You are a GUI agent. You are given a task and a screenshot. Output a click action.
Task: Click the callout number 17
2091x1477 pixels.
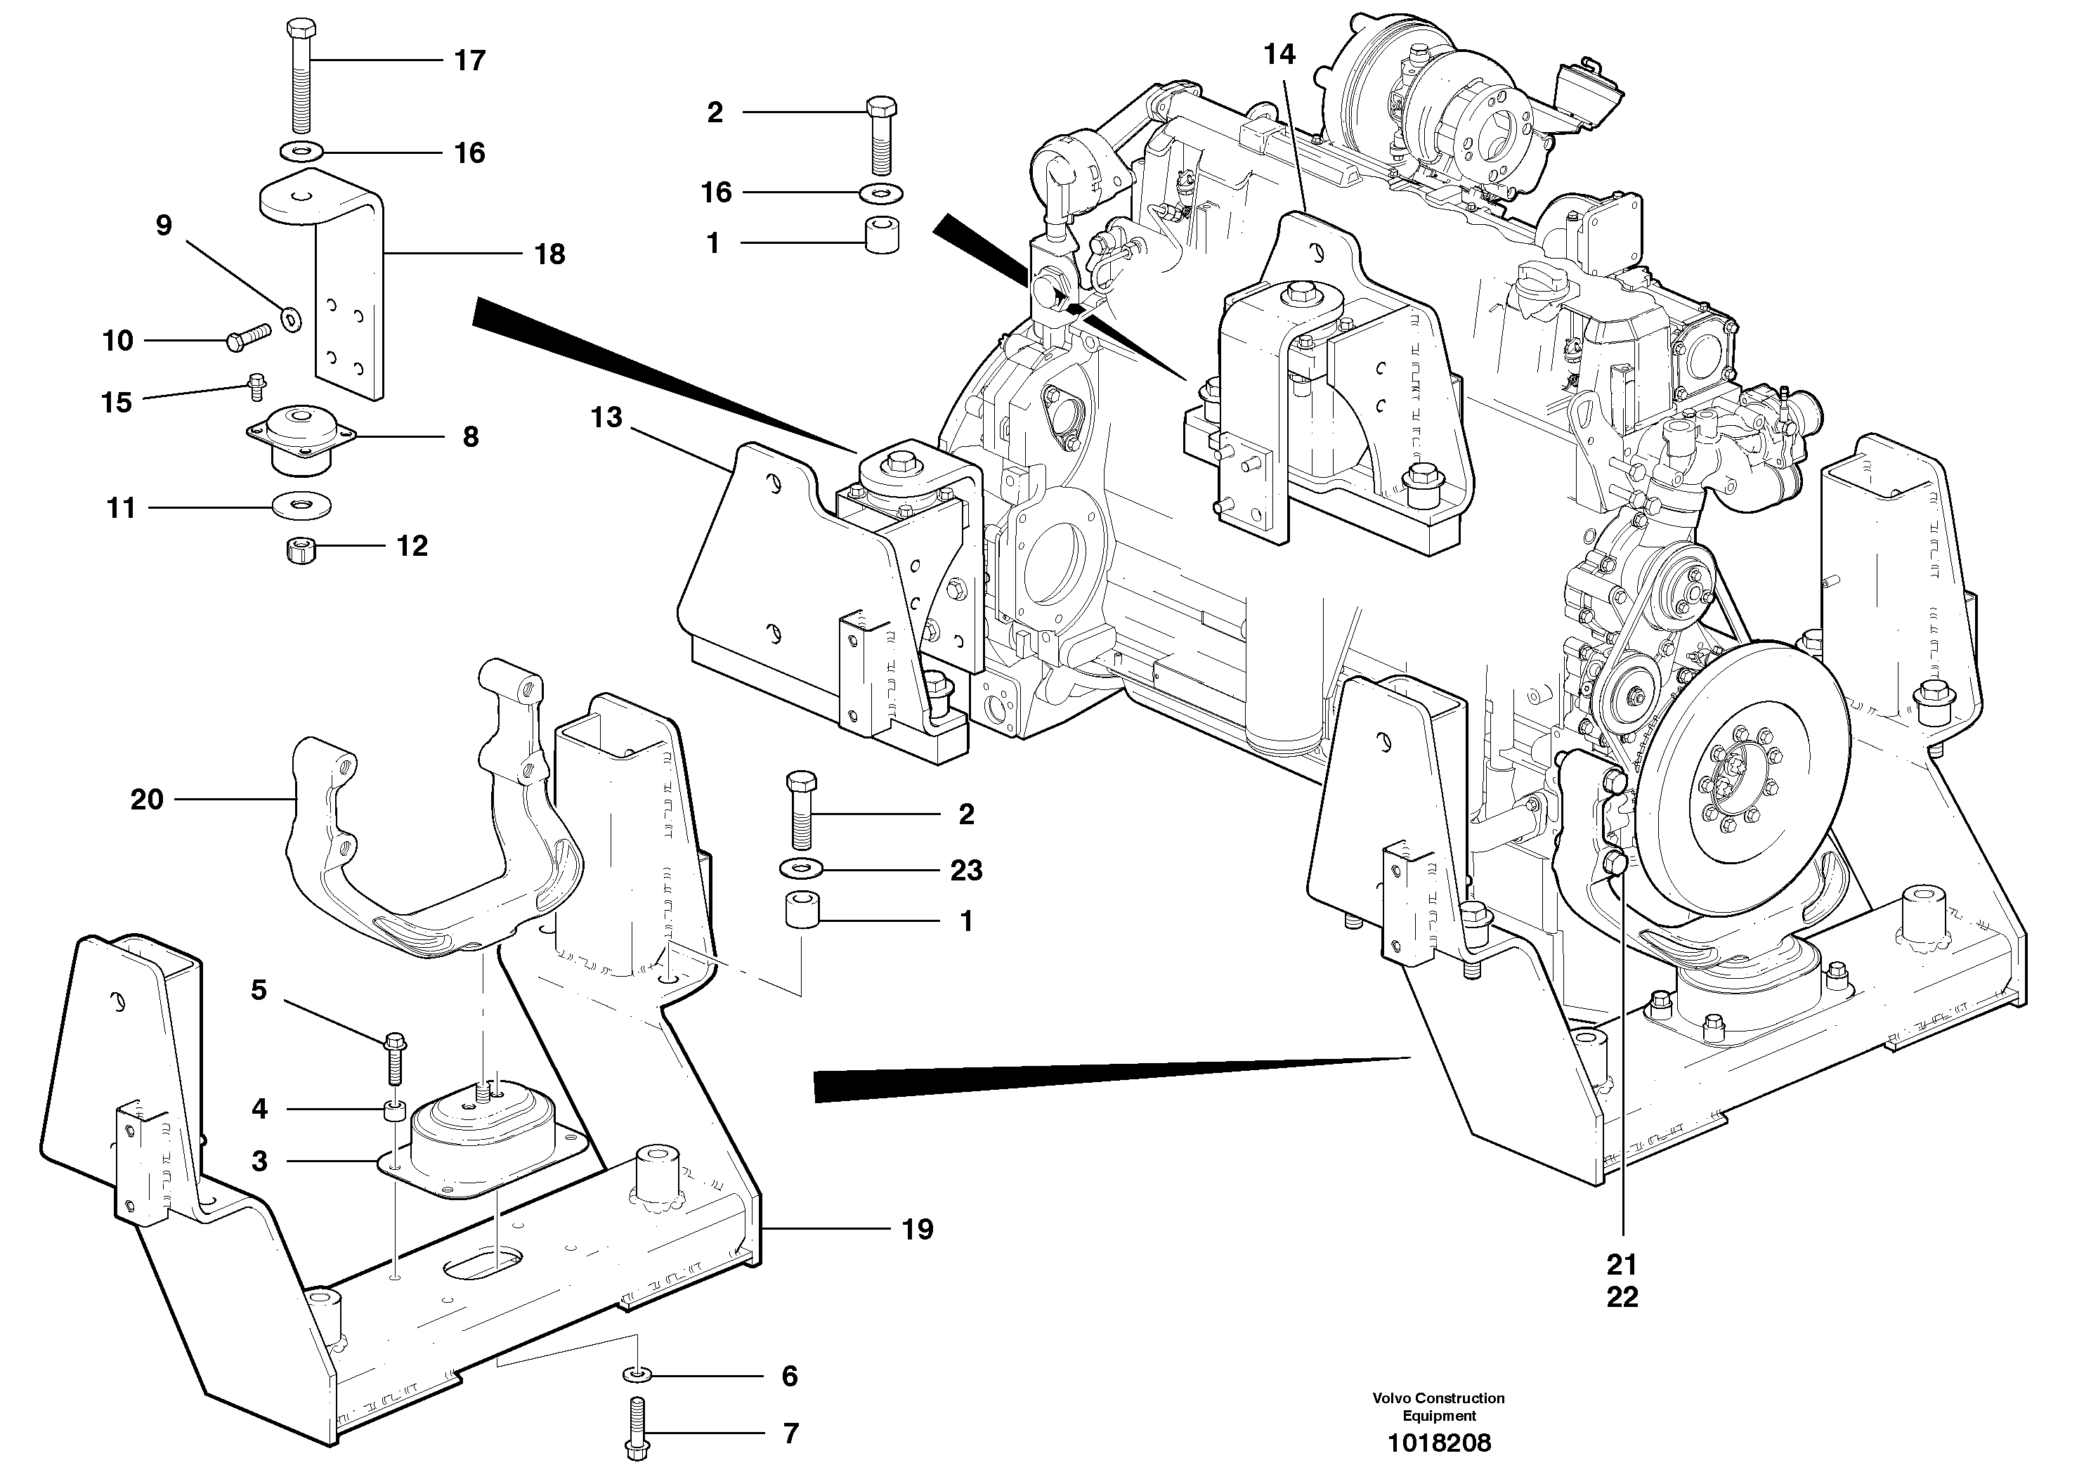(470, 61)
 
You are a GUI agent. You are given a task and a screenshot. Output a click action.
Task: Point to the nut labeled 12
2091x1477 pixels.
(299, 550)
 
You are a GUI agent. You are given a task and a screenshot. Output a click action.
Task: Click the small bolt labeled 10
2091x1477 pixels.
(248, 339)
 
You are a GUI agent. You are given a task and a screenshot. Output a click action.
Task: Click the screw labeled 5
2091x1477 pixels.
(396, 1058)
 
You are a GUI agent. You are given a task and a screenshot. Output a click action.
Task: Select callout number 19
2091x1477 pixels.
(917, 1230)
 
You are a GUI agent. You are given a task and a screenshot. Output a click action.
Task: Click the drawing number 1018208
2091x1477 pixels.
(1439, 1443)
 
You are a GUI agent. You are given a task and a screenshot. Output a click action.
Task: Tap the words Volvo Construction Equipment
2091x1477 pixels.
(1439, 1406)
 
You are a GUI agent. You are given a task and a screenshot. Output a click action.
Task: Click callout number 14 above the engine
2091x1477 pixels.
(1279, 55)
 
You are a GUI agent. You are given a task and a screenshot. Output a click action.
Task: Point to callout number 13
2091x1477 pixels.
(606, 418)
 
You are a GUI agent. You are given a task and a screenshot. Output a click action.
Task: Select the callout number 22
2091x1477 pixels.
(1622, 1298)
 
